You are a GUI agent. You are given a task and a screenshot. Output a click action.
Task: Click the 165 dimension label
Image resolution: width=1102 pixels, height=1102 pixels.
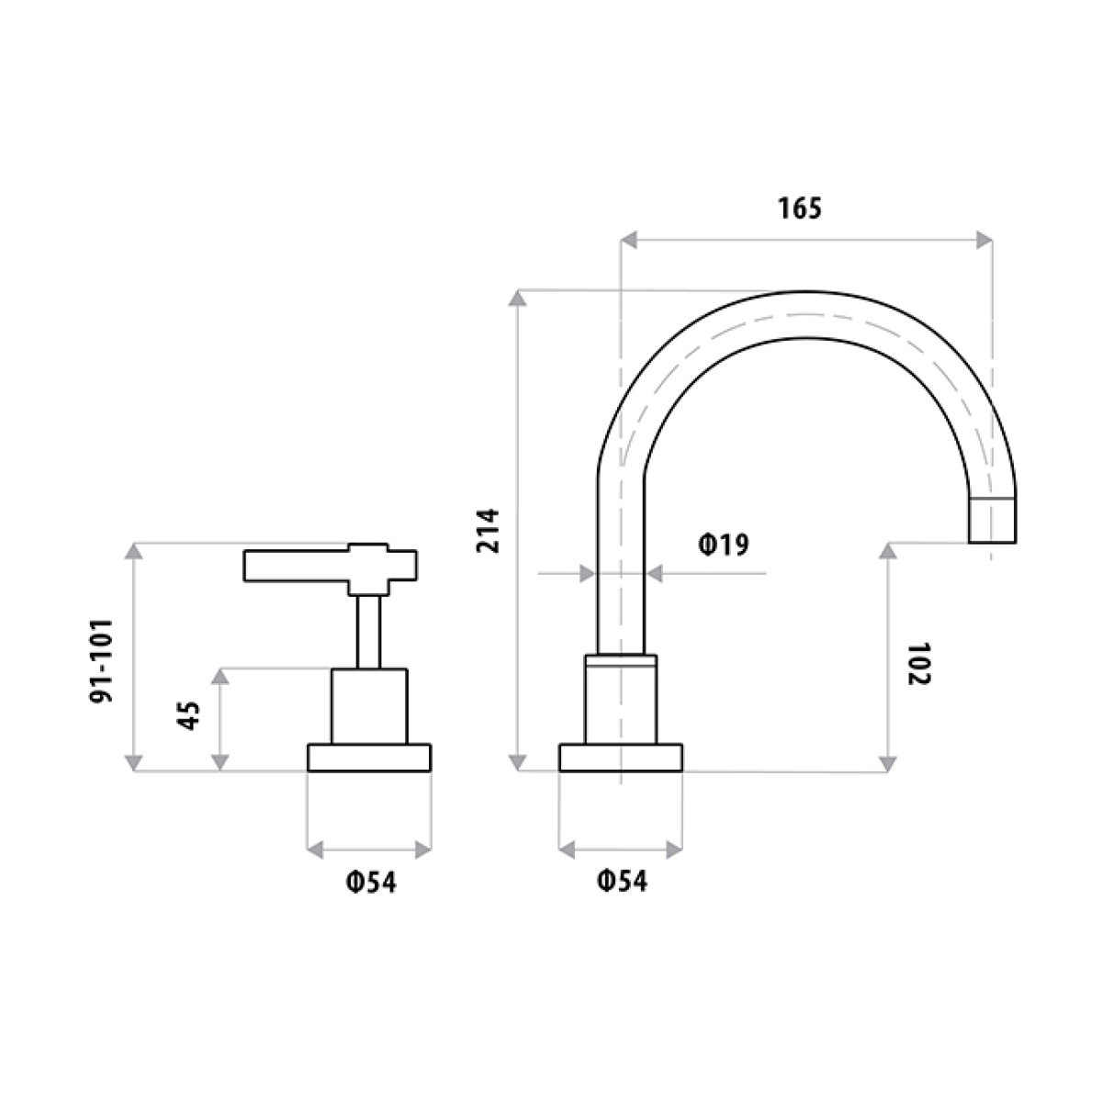click(800, 208)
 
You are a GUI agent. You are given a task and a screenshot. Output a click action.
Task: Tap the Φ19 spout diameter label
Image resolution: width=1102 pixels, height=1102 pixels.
click(724, 545)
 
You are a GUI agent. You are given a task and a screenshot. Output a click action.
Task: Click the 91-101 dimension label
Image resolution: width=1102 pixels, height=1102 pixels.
click(101, 659)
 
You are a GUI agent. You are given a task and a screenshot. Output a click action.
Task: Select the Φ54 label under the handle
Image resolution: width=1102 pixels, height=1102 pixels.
click(370, 883)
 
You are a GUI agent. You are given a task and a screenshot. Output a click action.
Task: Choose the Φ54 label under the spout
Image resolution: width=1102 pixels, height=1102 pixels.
click(622, 883)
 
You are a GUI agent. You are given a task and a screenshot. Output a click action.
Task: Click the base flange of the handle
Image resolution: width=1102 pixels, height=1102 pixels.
click(369, 758)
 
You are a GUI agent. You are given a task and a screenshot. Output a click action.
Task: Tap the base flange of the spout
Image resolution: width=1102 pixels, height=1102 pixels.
click(621, 758)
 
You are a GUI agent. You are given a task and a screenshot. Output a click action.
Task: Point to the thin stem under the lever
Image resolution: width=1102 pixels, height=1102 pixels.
click(368, 631)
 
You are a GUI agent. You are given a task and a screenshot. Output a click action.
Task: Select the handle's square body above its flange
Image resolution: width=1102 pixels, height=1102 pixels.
click(368, 705)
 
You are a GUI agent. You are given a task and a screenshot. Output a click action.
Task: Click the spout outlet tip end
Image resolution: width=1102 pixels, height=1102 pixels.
click(994, 520)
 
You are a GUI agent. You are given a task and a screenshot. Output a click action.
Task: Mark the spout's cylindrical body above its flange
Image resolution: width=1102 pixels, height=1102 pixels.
click(621, 700)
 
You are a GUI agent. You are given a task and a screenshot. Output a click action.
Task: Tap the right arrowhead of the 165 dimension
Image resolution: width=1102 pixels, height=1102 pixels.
click(984, 240)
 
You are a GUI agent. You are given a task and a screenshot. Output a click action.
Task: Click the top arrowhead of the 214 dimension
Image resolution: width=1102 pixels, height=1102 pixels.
click(519, 298)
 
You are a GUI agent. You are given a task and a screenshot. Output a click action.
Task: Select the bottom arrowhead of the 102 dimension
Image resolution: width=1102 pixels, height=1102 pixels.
click(887, 763)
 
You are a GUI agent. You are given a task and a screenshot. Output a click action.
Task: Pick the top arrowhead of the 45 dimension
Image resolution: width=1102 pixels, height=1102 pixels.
click(219, 676)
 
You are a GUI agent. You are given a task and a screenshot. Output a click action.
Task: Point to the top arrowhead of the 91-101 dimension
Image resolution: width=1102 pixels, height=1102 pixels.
click(134, 550)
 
